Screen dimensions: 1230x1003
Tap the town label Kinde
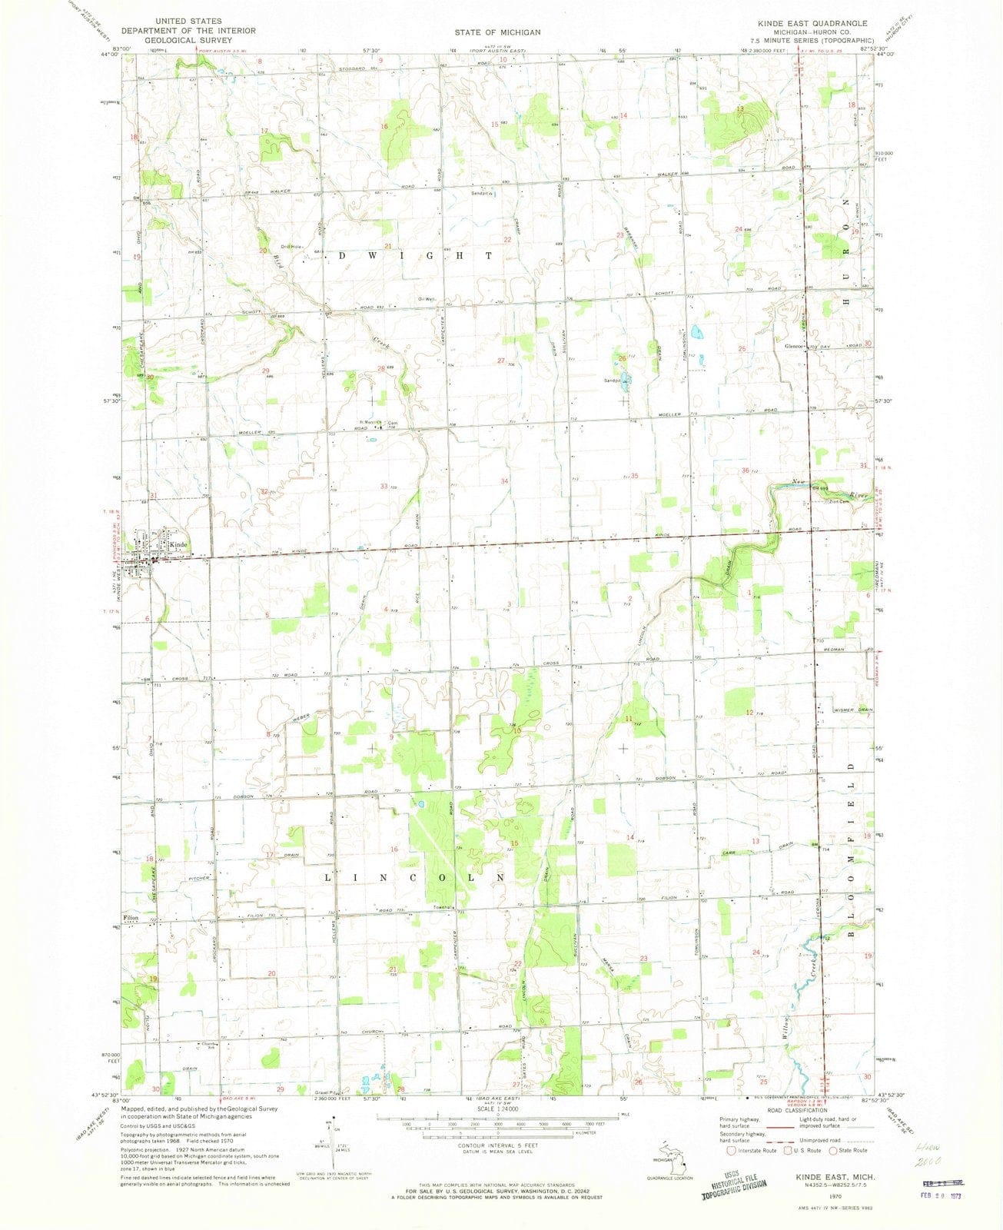(178, 544)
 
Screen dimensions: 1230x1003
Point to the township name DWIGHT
(414, 255)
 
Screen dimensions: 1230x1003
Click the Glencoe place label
(793, 346)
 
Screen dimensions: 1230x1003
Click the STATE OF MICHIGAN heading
(497, 32)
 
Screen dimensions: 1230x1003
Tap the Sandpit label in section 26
(612, 380)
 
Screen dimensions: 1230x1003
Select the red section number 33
(384, 486)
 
